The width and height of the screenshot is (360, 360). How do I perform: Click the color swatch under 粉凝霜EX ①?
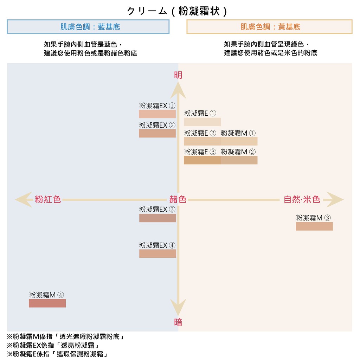[157, 114]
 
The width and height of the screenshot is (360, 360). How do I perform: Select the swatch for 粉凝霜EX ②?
[157, 133]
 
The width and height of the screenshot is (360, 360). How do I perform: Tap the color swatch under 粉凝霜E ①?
[202, 122]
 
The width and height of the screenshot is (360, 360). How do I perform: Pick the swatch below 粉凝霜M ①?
[239, 141]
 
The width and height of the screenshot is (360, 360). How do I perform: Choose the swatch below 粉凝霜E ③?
[202, 160]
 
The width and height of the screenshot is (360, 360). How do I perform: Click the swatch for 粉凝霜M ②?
[239, 160]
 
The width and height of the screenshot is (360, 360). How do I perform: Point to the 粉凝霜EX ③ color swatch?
[157, 218]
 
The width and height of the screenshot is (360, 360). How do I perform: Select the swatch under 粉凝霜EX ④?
[157, 253]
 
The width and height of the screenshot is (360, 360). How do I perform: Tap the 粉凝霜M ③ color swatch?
[314, 226]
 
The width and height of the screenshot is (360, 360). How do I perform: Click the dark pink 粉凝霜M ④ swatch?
[47, 303]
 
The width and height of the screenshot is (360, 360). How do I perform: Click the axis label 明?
[178, 75]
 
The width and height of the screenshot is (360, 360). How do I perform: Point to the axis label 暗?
[178, 322]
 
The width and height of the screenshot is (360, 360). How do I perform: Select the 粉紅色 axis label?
[48, 200]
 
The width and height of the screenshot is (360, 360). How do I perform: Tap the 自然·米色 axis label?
[302, 200]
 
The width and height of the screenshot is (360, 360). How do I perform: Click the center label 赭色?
[178, 200]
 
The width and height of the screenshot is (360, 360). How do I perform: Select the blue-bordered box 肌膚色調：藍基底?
[88, 27]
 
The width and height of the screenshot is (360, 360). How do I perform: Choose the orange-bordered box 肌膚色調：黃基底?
[269, 27]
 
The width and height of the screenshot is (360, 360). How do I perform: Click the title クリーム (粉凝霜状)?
[177, 11]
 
